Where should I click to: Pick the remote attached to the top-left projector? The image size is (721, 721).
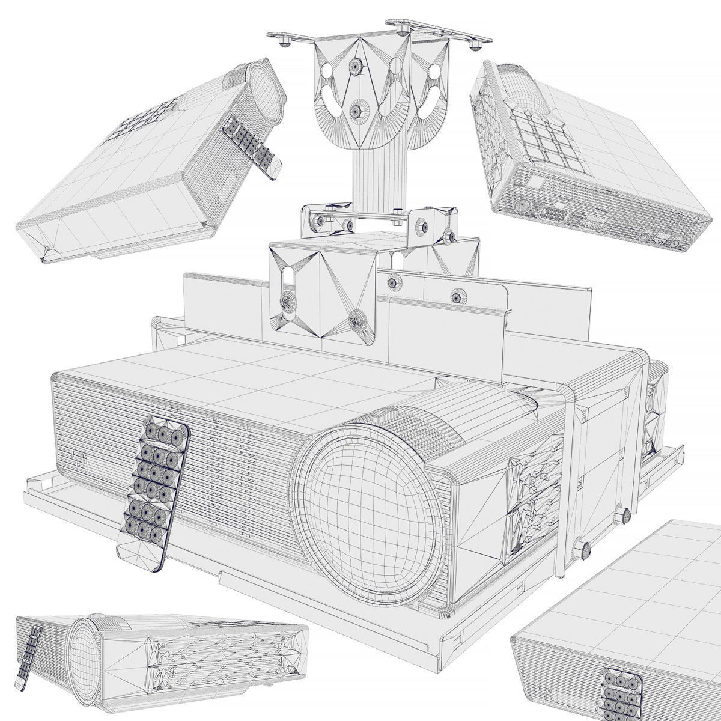252,144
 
